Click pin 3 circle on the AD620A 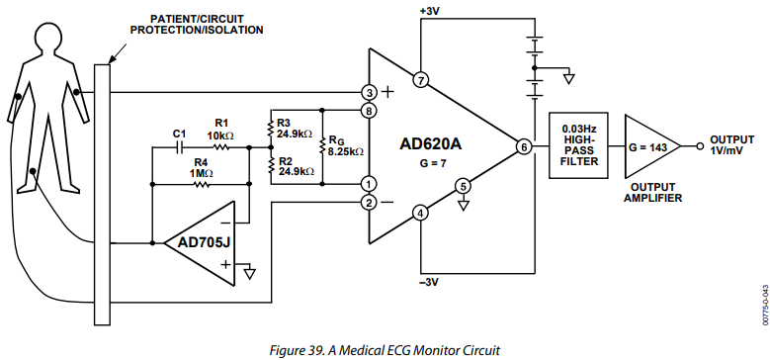[369, 92]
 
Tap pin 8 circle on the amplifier [369, 111]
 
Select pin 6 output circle [523, 146]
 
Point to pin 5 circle [463, 187]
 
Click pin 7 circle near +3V [420, 80]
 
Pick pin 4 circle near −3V [420, 215]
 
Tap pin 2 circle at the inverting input [369, 202]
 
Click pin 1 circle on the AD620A [369, 184]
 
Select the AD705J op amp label [197, 242]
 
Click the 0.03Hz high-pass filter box [578, 145]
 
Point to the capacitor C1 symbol [181, 146]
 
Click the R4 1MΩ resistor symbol [202, 185]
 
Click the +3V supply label [429, 10]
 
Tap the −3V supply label [429, 283]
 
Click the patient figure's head [47, 40]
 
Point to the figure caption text [385, 351]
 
